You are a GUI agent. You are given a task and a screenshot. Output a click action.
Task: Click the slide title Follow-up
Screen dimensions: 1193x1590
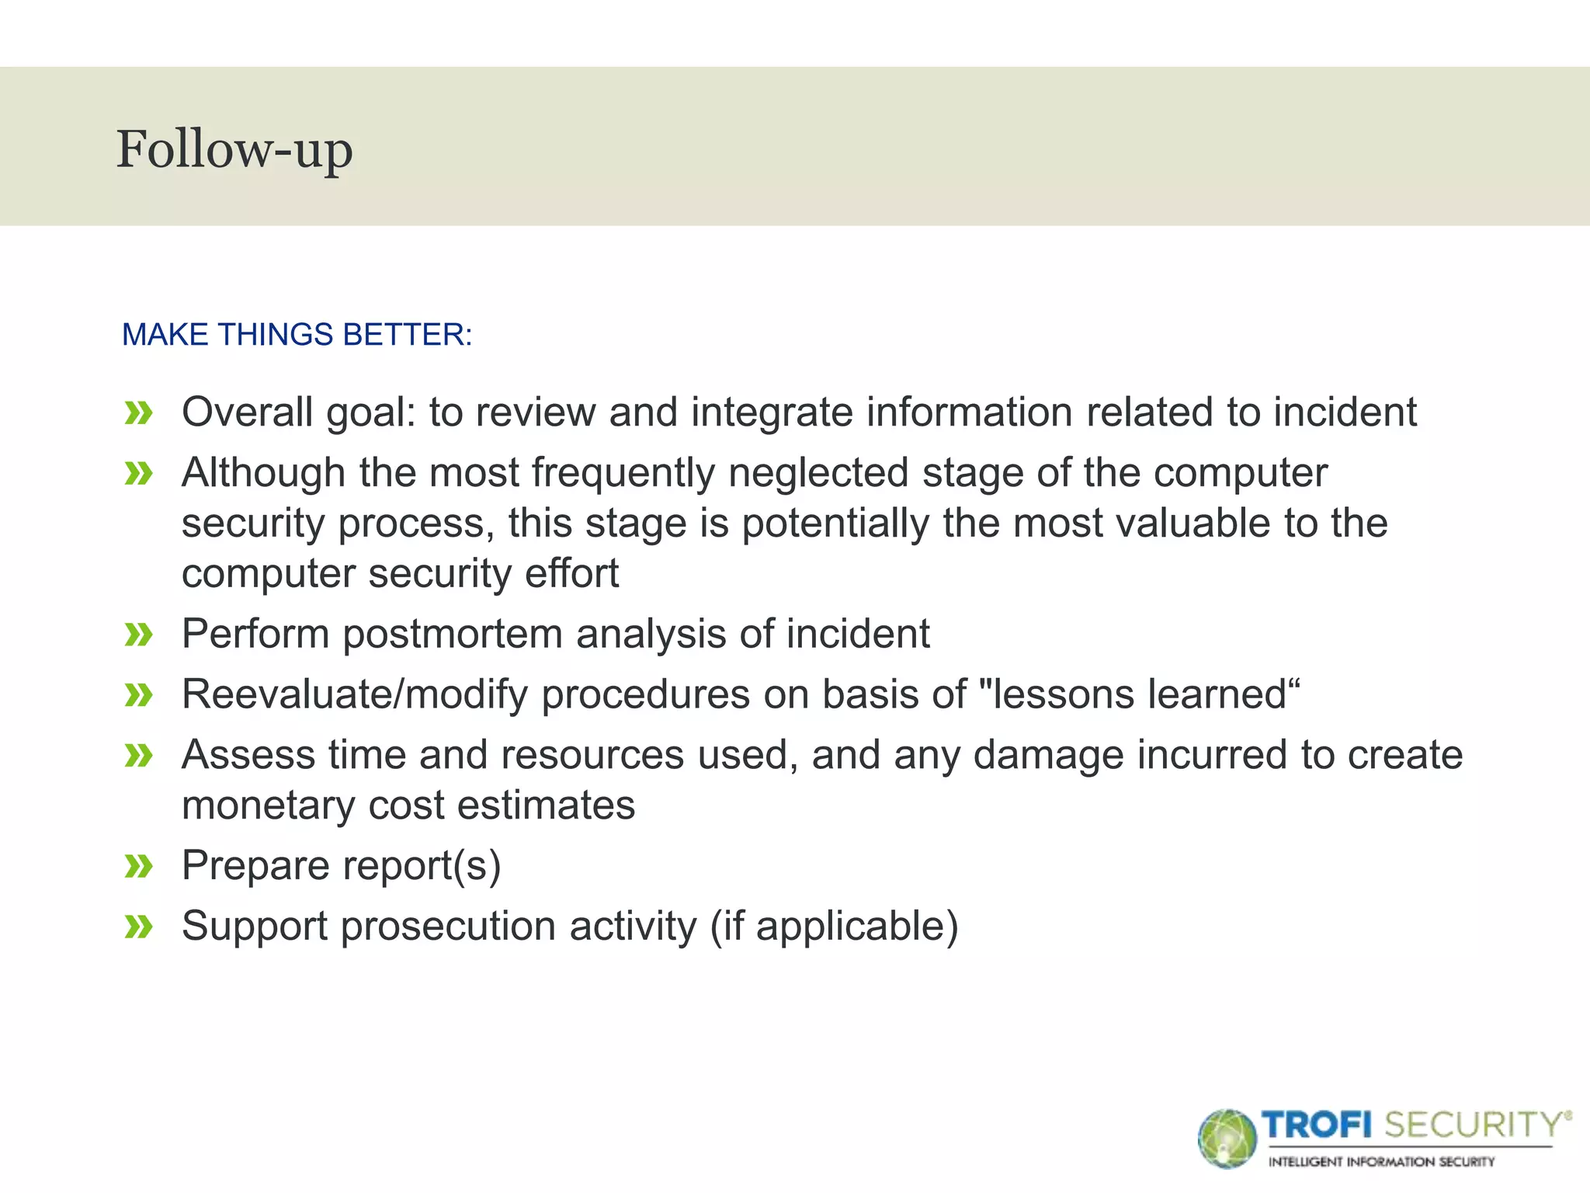pyautogui.click(x=234, y=149)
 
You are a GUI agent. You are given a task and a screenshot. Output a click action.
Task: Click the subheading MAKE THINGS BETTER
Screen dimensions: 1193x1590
pyautogui.click(x=297, y=335)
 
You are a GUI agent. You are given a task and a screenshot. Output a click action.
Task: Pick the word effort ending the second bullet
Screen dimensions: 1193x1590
pyautogui.click(x=571, y=573)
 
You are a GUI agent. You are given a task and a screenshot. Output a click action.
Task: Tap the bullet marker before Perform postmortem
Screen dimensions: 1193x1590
pyautogui.click(x=139, y=635)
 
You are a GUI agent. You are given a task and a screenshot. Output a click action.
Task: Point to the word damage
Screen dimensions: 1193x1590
pyautogui.click(x=1047, y=755)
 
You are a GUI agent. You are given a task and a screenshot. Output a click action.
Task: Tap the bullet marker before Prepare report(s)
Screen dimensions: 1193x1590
pyautogui.click(x=139, y=866)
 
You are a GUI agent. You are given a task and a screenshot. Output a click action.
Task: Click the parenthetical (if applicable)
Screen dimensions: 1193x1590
pyautogui.click(x=834, y=927)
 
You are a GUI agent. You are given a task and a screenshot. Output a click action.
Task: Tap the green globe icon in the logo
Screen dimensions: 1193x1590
pyautogui.click(x=1227, y=1139)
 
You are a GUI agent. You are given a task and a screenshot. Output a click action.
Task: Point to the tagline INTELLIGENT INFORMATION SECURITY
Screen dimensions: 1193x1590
pyautogui.click(x=1381, y=1162)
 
